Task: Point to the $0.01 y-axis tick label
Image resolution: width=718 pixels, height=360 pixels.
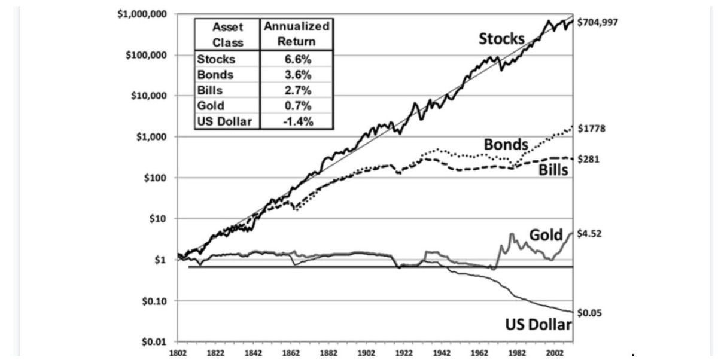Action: [x=156, y=341]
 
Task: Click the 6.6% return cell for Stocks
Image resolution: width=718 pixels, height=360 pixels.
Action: [x=297, y=59]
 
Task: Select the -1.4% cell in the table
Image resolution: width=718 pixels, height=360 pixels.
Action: [x=297, y=121]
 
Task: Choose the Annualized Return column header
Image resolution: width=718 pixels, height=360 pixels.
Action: [x=297, y=34]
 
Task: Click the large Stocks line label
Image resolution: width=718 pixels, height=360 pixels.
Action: [x=501, y=39]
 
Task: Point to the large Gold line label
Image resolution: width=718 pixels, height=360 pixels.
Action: [x=544, y=234]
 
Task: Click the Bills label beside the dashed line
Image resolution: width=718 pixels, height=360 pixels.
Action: [x=552, y=170]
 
